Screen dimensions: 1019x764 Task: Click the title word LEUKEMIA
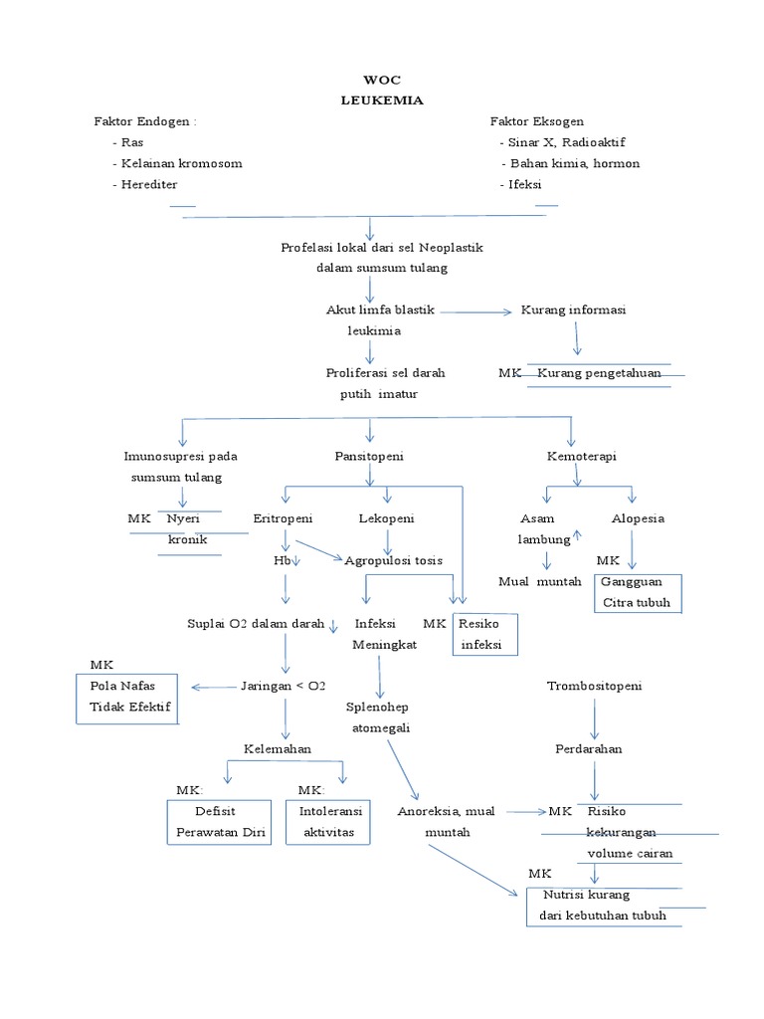(381, 100)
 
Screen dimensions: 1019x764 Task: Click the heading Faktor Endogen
(145, 121)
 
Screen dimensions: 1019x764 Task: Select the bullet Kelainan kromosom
(177, 163)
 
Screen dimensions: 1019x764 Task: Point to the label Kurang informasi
(573, 310)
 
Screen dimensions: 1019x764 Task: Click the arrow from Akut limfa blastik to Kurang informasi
(474, 311)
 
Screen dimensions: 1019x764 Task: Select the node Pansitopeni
(369, 456)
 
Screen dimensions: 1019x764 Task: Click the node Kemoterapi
(581, 456)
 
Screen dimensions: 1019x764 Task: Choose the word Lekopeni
(386, 518)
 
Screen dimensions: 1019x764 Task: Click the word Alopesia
(638, 518)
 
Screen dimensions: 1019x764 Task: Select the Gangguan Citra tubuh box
(637, 592)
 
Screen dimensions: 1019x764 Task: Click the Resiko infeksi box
(484, 634)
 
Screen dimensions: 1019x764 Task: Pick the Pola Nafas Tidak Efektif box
(127, 697)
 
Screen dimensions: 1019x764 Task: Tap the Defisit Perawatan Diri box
(219, 821)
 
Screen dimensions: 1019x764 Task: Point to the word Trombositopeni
(594, 687)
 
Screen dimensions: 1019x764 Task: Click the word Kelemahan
(278, 748)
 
